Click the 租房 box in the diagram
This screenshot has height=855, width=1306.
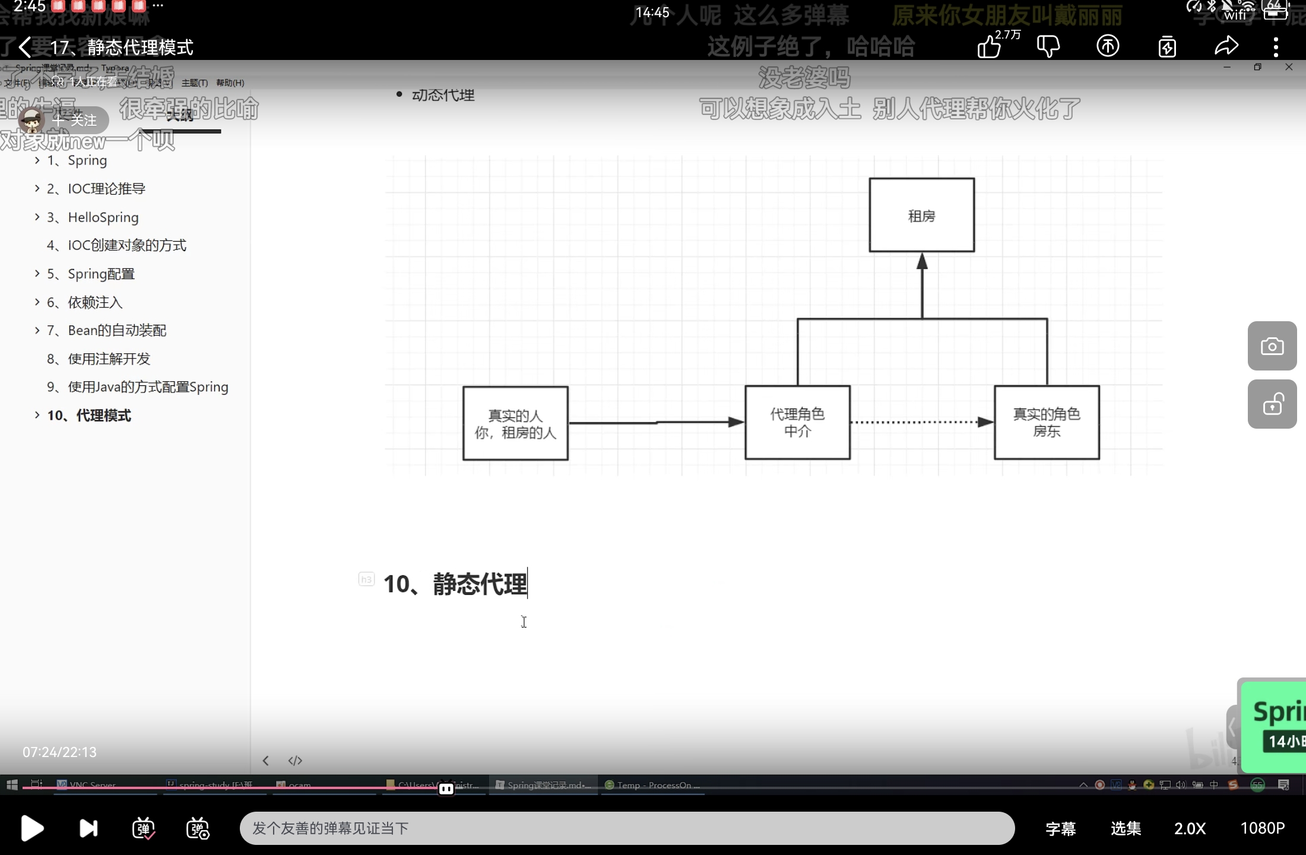[x=921, y=215]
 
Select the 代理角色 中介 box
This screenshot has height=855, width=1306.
[x=797, y=422]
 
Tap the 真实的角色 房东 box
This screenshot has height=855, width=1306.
[x=1047, y=422]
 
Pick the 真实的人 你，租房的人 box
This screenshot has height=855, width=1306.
[x=515, y=423]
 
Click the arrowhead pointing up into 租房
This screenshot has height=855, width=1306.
[x=922, y=261]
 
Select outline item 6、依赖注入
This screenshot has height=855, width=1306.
[x=95, y=302]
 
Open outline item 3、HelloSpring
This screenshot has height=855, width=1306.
[x=103, y=217]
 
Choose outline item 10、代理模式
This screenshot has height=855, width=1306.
[x=89, y=416]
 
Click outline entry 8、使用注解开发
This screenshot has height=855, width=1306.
[x=99, y=359]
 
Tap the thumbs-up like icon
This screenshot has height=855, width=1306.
[x=990, y=46]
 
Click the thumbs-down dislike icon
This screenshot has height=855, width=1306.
[x=1048, y=46]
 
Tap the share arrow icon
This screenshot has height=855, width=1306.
[x=1226, y=46]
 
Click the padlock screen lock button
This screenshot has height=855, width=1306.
[x=1272, y=404]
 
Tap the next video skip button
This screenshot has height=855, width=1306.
[x=88, y=828]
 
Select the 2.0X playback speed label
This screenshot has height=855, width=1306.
[x=1190, y=828]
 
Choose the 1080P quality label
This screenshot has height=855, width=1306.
[x=1263, y=828]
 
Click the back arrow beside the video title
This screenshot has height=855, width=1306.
[x=25, y=47]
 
